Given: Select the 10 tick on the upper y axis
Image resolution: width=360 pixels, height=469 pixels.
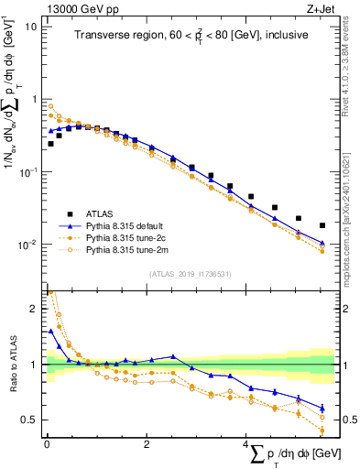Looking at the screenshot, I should pyautogui.click(x=33, y=26).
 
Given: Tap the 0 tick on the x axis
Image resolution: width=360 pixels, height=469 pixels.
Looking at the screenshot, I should pyautogui.click(x=46, y=444).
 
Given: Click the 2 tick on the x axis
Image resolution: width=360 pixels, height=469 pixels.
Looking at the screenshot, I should pyautogui.click(x=147, y=444).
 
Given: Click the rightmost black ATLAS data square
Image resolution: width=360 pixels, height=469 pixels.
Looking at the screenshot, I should pyautogui.click(x=322, y=225).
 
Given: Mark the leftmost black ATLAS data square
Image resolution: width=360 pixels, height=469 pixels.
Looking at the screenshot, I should pyautogui.click(x=50, y=144).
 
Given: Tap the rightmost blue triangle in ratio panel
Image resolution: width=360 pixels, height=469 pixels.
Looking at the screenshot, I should pyautogui.click(x=322, y=409).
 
